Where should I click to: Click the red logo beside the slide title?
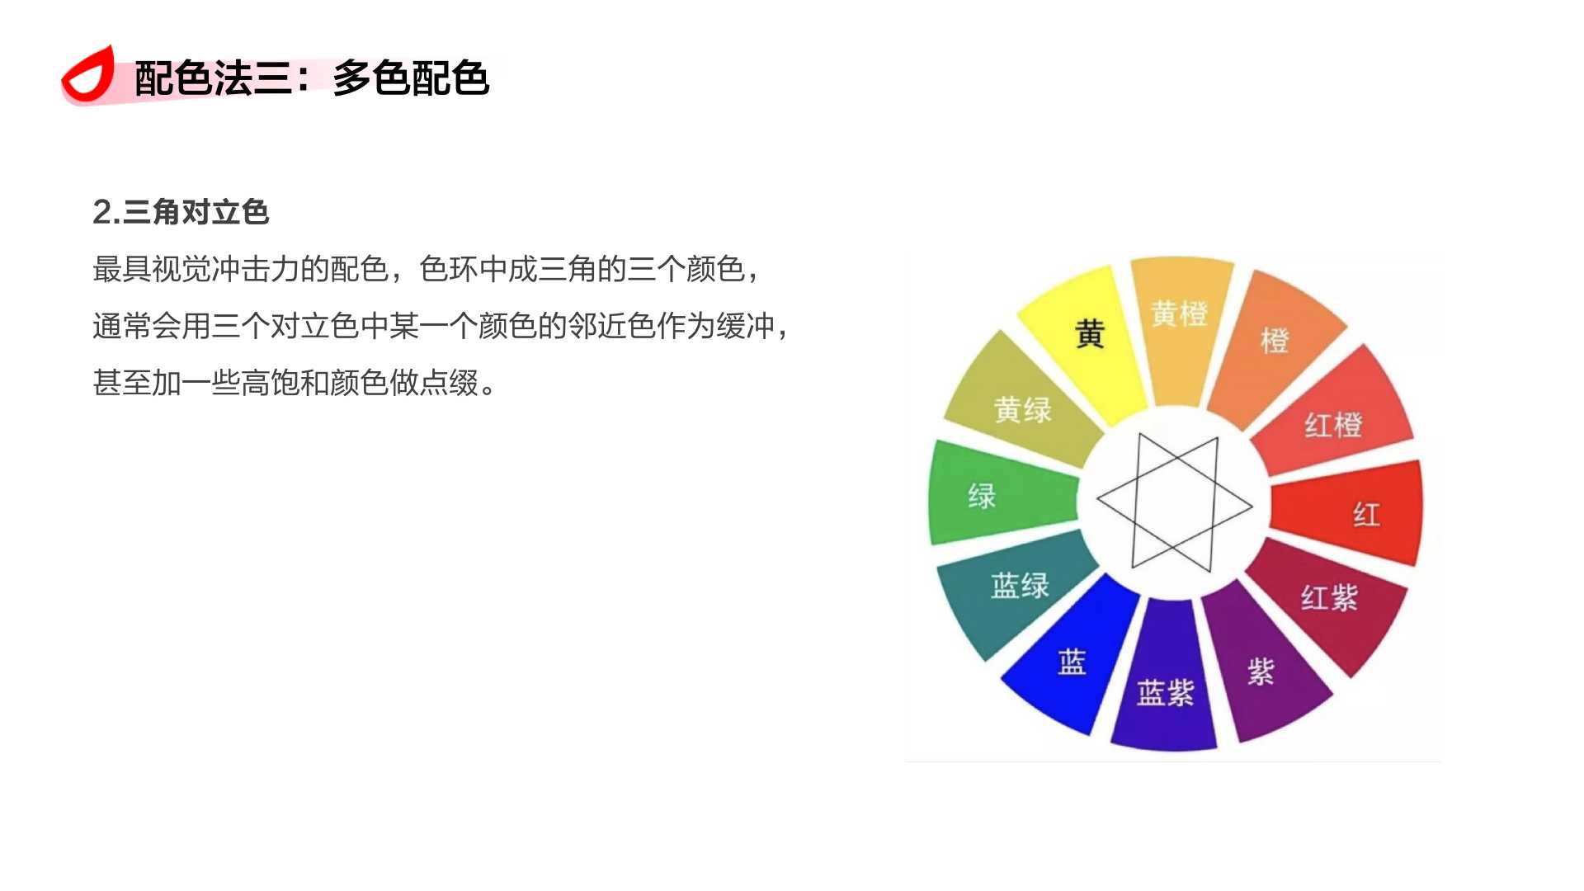[x=87, y=76]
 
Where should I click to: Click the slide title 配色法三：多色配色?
[x=312, y=79]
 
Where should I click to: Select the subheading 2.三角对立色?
[x=181, y=212]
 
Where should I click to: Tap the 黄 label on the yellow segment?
[x=1090, y=334]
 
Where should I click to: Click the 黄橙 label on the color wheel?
[x=1179, y=313]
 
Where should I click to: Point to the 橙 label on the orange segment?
[x=1275, y=340]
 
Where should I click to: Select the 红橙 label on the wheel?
[x=1333, y=425]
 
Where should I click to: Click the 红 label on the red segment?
[x=1366, y=515]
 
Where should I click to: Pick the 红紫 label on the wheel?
[x=1329, y=597]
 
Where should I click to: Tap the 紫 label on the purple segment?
[x=1261, y=672]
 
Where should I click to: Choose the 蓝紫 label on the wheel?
[x=1165, y=692]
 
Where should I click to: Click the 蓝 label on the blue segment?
[x=1072, y=662]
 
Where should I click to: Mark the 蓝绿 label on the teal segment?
[x=1020, y=585]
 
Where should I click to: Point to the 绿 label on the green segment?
[x=982, y=496]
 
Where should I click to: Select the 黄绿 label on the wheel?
[x=1022, y=409]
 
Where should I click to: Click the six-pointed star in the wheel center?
[x=1174, y=502]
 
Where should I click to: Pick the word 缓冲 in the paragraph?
[x=746, y=326]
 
